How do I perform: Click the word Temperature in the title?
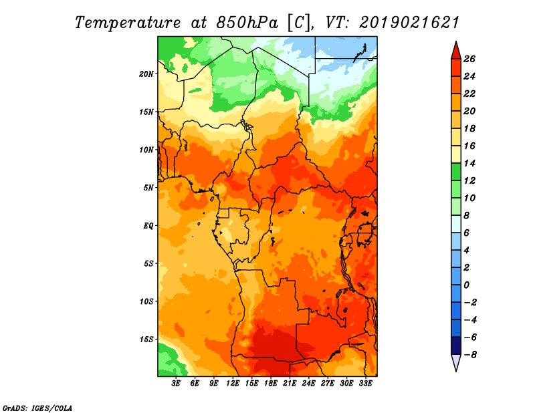(128, 23)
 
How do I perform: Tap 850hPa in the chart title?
(247, 23)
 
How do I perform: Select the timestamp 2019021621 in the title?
(409, 23)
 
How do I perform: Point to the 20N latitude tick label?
(146, 74)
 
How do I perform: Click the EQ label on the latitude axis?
(148, 226)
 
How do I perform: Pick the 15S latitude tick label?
(146, 339)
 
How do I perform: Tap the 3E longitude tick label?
(176, 383)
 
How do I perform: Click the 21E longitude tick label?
(290, 383)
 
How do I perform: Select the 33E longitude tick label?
(365, 383)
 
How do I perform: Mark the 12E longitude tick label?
(232, 383)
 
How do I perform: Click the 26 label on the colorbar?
(469, 59)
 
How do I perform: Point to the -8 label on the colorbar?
(470, 355)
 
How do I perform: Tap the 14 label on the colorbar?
(469, 163)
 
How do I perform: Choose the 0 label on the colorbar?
(466, 285)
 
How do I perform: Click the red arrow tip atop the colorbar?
(456, 41)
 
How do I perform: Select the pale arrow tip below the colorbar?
(456, 371)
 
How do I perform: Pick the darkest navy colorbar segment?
(456, 346)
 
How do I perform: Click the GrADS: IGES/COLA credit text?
(37, 408)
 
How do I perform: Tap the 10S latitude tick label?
(146, 301)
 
